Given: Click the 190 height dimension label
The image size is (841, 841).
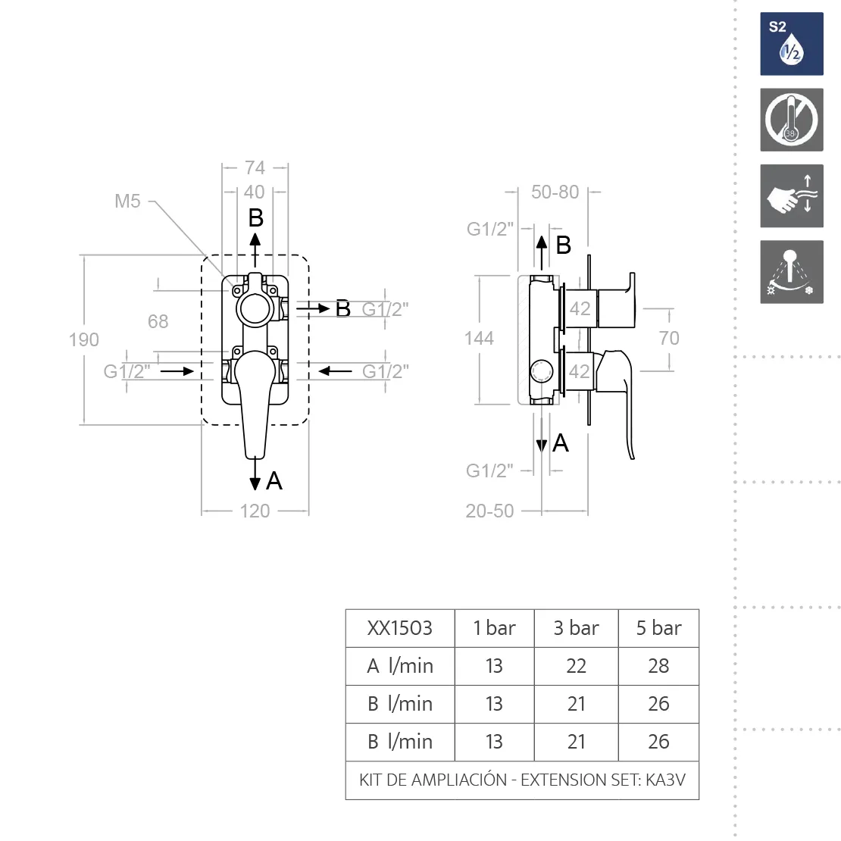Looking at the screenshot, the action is [83, 339].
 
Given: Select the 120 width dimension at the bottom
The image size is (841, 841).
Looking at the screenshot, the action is [255, 511].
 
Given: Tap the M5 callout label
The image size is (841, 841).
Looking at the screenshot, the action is [127, 201].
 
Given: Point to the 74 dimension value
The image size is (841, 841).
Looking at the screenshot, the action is [255, 168].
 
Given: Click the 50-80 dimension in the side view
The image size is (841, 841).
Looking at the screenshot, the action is [555, 192].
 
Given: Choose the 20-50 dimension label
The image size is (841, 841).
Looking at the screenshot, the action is [489, 511].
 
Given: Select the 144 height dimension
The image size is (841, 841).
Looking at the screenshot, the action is [479, 338].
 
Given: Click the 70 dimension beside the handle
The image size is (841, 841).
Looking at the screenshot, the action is [669, 338].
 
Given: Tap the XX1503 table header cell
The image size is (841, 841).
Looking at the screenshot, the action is [399, 628].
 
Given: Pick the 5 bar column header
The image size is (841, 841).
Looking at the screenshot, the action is [658, 628].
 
